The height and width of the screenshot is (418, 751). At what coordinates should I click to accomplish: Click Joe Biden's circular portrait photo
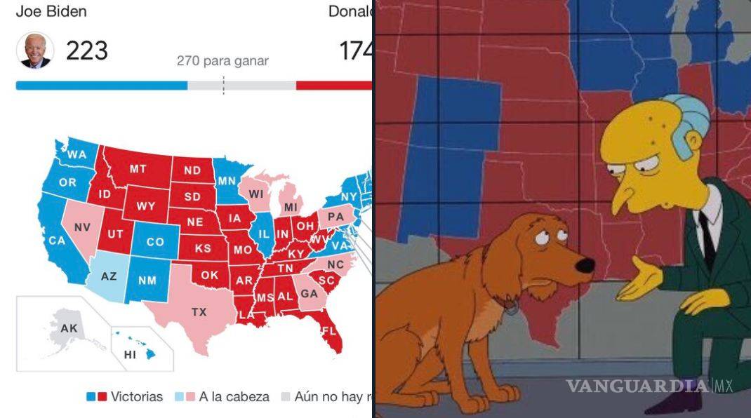pyautogui.click(x=35, y=50)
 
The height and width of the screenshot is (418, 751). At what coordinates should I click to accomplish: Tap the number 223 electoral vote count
pyautogui.click(x=87, y=50)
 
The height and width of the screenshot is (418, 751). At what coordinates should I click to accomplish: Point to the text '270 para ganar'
pyautogui.click(x=222, y=61)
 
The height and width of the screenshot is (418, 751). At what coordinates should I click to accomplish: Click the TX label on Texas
pyautogui.click(x=199, y=311)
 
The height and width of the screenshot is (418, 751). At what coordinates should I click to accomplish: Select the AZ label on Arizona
pyautogui.click(x=109, y=276)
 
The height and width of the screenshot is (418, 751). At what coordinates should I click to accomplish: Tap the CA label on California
pyautogui.click(x=57, y=241)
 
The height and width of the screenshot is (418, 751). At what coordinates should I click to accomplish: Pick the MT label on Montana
pyautogui.click(x=138, y=169)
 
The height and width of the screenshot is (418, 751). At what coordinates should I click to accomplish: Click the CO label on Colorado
pyautogui.click(x=155, y=242)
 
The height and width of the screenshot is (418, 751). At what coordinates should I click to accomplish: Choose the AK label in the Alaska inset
pyautogui.click(x=69, y=328)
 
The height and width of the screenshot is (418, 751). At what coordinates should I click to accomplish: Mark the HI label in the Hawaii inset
pyautogui.click(x=130, y=355)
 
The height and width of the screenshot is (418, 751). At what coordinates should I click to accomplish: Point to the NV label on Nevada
pyautogui.click(x=83, y=227)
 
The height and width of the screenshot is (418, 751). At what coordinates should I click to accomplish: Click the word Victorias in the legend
pyautogui.click(x=136, y=397)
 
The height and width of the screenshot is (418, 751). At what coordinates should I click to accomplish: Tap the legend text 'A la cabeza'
pyautogui.click(x=234, y=397)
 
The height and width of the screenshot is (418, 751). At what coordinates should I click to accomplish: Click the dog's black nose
pyautogui.click(x=585, y=265)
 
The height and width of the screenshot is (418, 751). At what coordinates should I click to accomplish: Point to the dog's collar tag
pyautogui.click(x=511, y=307)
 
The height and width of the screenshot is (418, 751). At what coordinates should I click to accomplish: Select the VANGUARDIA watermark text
pyautogui.click(x=638, y=386)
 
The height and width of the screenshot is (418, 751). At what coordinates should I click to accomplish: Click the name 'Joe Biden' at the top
pyautogui.click(x=51, y=12)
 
